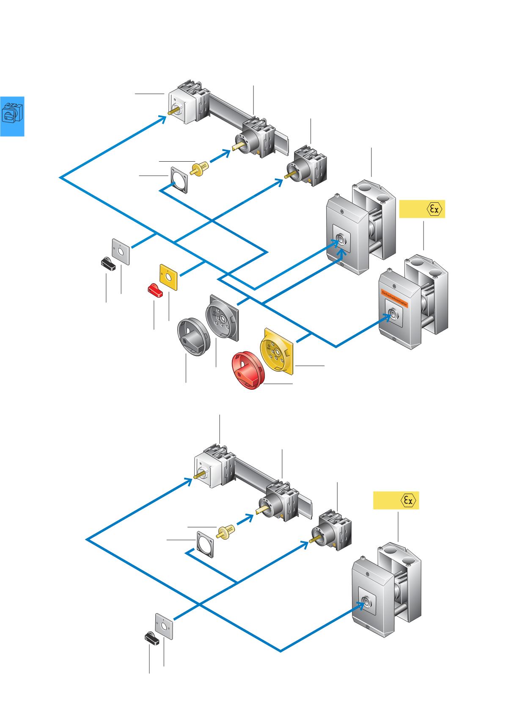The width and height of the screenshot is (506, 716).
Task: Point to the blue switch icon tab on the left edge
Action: tap(12, 116)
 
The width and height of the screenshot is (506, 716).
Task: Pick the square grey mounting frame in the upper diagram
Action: tap(179, 180)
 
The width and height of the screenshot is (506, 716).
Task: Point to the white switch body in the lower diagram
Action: tap(207, 469)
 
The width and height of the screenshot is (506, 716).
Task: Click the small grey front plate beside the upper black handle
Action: tap(121, 251)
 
